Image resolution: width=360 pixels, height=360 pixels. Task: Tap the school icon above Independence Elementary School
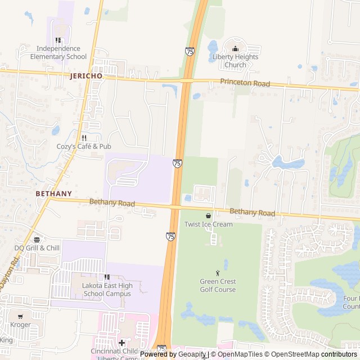pos(58,40)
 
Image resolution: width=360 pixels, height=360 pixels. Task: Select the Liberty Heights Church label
pos(235,61)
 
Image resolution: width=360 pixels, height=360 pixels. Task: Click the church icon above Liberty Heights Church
pos(235,48)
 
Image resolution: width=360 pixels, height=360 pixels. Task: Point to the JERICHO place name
pos(87,76)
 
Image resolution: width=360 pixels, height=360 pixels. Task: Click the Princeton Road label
pos(245,83)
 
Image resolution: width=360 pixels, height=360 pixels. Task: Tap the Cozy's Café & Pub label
pos(84,146)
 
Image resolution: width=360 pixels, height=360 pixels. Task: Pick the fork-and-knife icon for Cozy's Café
pos(84,137)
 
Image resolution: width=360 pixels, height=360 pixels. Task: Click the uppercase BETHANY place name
pos(53,193)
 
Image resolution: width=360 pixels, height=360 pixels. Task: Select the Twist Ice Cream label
pos(209,224)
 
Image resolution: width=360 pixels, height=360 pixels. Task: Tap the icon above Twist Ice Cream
pos(209,215)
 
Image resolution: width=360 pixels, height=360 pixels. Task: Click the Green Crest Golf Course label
pos(218,286)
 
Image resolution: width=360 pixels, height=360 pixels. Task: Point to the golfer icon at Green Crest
pos(218,273)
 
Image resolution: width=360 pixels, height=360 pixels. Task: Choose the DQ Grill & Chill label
pos(37,248)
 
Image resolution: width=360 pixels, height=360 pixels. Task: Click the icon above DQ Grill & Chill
pos(37,239)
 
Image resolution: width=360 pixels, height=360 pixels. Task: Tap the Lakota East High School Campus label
pos(107,290)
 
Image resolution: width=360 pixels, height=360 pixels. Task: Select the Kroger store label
pos(20,325)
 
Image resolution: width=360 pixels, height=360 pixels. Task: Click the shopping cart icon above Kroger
pos(20,316)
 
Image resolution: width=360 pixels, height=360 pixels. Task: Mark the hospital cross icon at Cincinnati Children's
pos(121,343)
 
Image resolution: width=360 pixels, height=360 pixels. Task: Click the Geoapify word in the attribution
pos(192,354)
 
